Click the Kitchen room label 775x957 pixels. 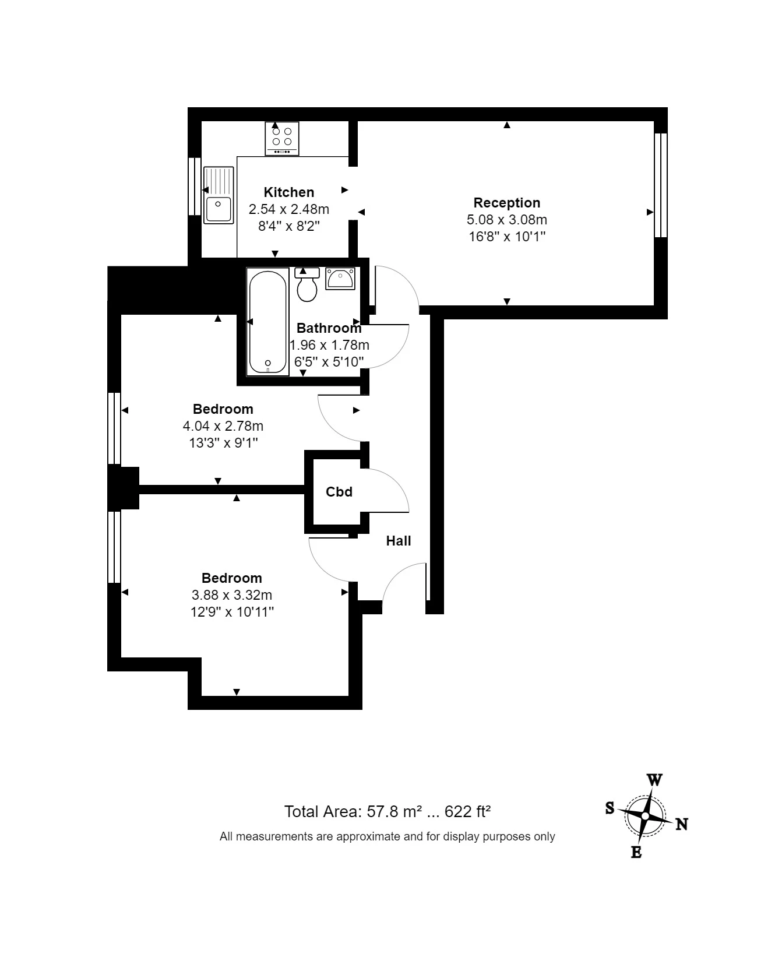pyautogui.click(x=288, y=192)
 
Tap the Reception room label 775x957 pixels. pyautogui.click(x=506, y=203)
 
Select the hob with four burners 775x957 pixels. pyautogui.click(x=282, y=138)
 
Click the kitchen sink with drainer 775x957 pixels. pyautogui.click(x=219, y=195)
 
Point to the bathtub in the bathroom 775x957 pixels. pyautogui.click(x=268, y=322)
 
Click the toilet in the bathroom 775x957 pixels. pyautogui.click(x=307, y=286)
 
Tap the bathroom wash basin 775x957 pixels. pyautogui.click(x=340, y=279)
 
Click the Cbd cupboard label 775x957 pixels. pyautogui.click(x=339, y=492)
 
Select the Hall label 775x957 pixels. pyautogui.click(x=399, y=541)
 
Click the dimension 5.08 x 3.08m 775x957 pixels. pyautogui.click(x=506, y=220)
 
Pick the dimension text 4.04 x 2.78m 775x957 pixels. pyautogui.click(x=223, y=426)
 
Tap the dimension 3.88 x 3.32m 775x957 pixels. pyautogui.click(x=231, y=595)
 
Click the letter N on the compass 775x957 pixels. pyautogui.click(x=682, y=824)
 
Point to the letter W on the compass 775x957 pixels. pyautogui.click(x=654, y=780)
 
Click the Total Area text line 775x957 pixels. pyautogui.click(x=387, y=811)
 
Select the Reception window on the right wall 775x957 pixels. pyautogui.click(x=660, y=185)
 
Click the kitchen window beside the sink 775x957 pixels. pyautogui.click(x=195, y=187)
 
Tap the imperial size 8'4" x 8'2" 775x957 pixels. pyautogui.click(x=288, y=226)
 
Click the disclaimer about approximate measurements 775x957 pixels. pyautogui.click(x=387, y=836)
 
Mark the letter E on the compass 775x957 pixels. pyautogui.click(x=636, y=853)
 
